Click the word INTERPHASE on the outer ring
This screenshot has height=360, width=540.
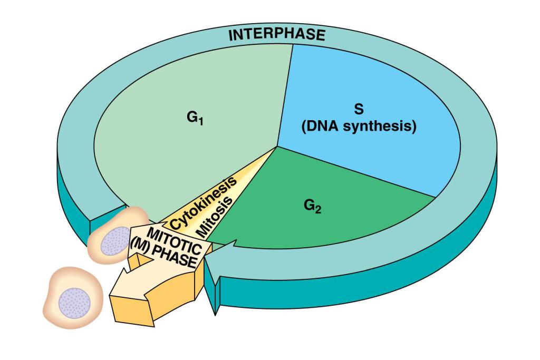point(277,36)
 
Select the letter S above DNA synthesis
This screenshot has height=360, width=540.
point(359,109)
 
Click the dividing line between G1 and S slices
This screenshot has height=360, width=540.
point(285,95)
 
